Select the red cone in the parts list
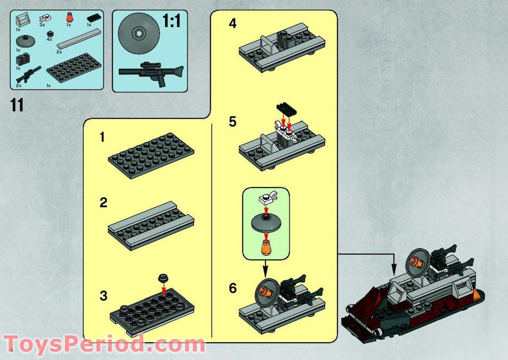[x=68, y=20]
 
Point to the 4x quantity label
[x=49, y=39]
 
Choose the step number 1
[x=102, y=138]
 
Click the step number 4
[x=232, y=24]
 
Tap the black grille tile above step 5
[x=285, y=108]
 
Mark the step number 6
[x=233, y=288]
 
